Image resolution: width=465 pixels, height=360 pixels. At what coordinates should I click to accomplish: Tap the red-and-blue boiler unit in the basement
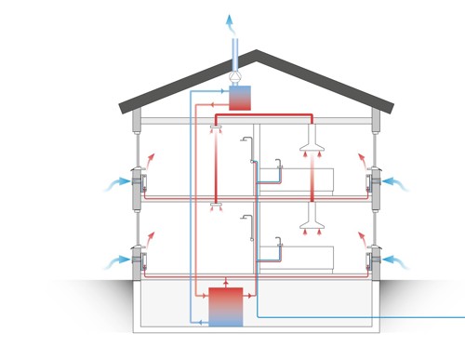pos(225,307)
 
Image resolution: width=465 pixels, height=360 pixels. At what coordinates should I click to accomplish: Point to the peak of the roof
pos(256,53)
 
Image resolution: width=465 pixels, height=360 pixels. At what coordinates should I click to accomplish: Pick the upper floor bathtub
pos(298,178)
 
